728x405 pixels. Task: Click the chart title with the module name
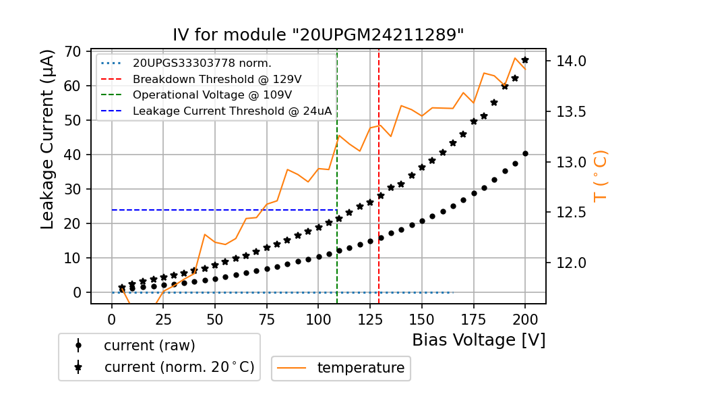point(318,35)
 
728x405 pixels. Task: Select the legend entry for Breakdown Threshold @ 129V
point(216,79)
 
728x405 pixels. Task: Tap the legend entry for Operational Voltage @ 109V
point(212,95)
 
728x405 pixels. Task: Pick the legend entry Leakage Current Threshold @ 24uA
point(232,111)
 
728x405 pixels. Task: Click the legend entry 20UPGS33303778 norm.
point(202,63)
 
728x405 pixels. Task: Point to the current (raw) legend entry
point(149,346)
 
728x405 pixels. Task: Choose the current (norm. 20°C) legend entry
point(179,367)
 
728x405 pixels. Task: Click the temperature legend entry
point(361,368)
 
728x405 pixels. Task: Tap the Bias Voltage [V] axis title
point(479,340)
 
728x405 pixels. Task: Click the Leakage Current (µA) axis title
point(48,140)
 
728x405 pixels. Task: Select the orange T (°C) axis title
point(600,175)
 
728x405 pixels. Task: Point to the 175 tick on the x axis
point(474,319)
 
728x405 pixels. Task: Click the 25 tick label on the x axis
point(163,319)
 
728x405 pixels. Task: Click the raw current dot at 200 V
point(525,153)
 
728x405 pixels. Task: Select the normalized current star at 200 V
point(525,60)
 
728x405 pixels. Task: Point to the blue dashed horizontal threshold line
point(222,210)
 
